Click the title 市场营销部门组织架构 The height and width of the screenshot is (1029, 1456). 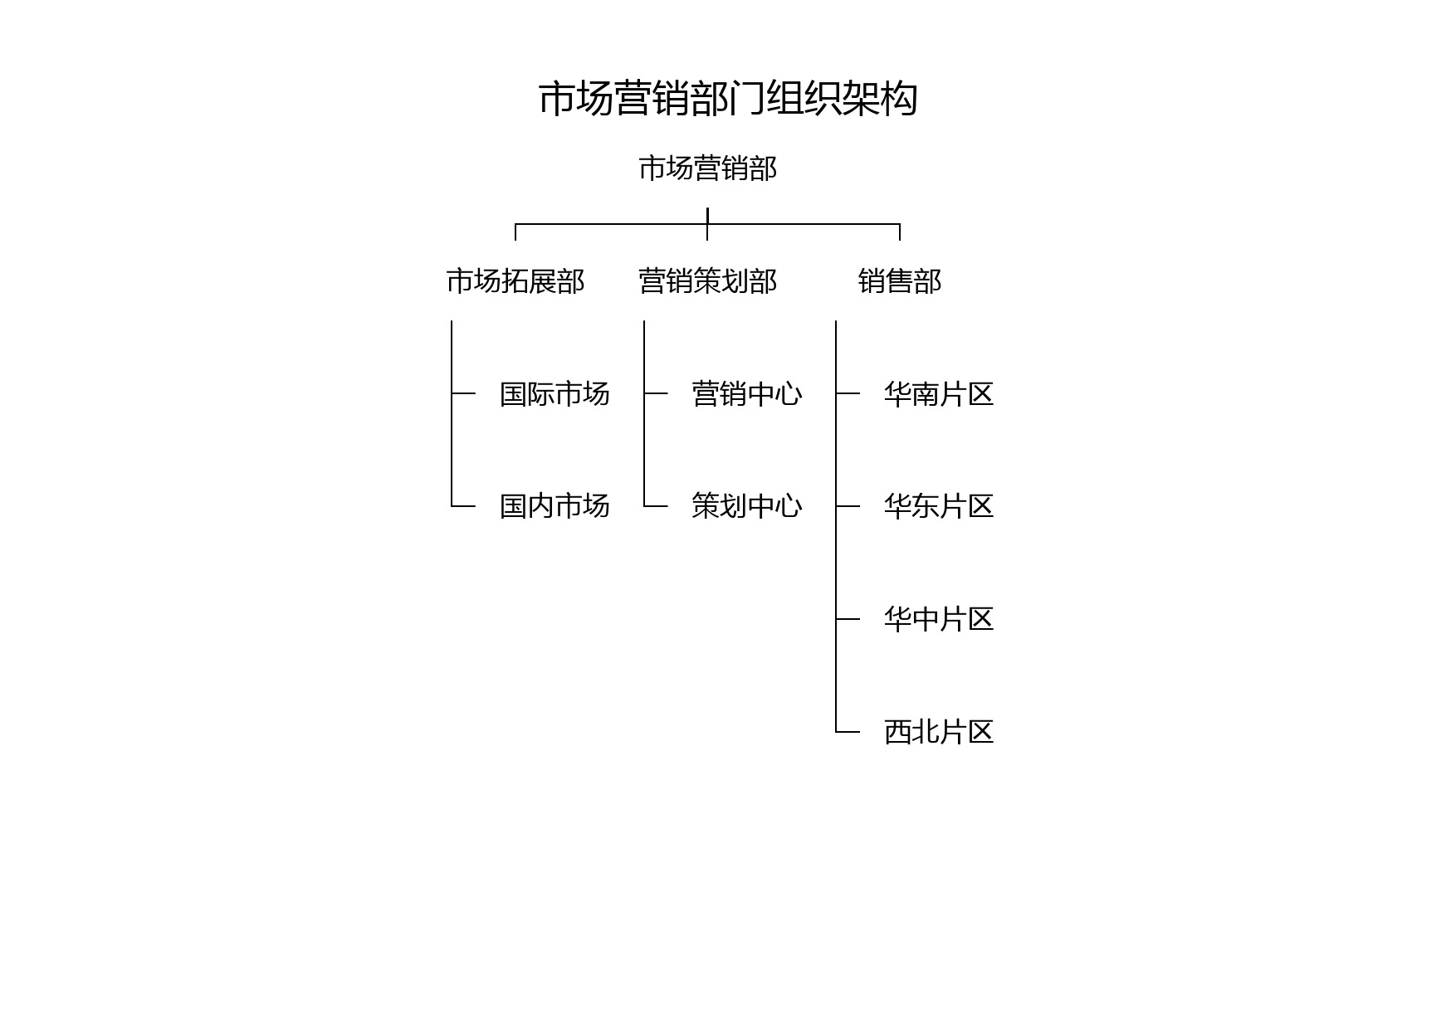[x=728, y=99]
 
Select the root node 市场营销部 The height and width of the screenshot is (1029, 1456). [x=707, y=168]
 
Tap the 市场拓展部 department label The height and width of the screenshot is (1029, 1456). [x=515, y=281]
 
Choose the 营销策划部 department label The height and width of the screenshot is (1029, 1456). [x=707, y=281]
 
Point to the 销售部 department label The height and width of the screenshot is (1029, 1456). [x=900, y=281]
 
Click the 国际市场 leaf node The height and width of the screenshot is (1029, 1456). [x=555, y=393]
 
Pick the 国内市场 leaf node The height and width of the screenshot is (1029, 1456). [x=555, y=506]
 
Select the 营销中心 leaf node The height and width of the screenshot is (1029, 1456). [x=747, y=393]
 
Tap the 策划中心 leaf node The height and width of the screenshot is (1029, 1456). [x=747, y=506]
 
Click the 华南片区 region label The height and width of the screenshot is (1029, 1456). [x=939, y=393]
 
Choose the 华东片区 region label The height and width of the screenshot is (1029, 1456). [x=939, y=506]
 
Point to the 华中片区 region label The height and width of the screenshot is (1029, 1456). [x=939, y=619]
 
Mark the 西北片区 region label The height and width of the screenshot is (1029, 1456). [x=939, y=732]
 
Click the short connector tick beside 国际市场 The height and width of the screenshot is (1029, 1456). [x=463, y=393]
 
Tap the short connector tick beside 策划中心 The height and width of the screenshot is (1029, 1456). [x=656, y=506]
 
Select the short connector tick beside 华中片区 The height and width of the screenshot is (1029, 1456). [x=848, y=619]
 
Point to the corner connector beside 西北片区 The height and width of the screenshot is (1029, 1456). [x=836, y=732]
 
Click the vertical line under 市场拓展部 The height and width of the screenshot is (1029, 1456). [x=452, y=413]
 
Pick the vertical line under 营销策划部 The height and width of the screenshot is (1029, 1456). [x=644, y=413]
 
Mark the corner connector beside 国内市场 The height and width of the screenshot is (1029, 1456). [x=452, y=506]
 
